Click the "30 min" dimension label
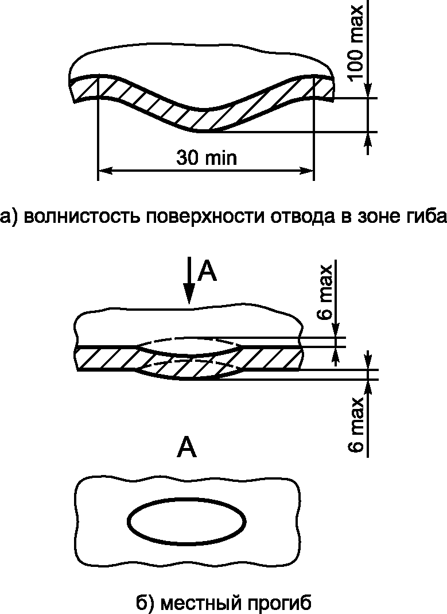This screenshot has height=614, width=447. coord(207,157)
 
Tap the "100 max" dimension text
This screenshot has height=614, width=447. coord(356,43)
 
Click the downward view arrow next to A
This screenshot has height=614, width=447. coord(188,281)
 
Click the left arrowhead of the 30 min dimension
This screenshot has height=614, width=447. coord(104,171)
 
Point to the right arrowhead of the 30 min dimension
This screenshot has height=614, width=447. coord(308,171)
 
